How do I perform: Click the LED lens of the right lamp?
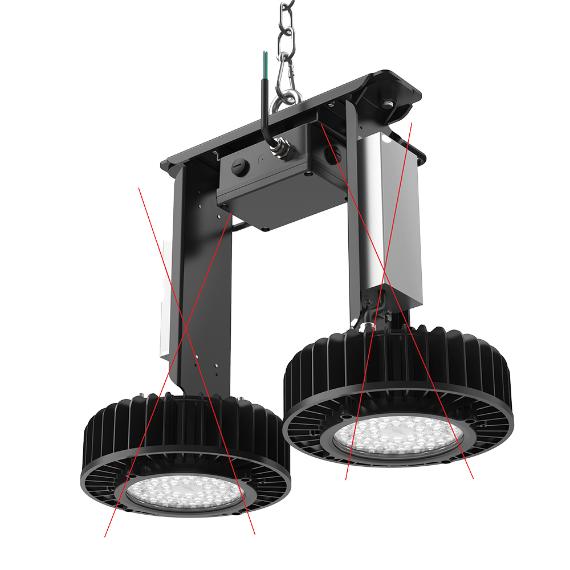399,435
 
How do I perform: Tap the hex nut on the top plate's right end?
388,104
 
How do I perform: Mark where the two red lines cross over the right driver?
385,268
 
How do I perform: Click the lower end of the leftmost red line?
105,536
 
